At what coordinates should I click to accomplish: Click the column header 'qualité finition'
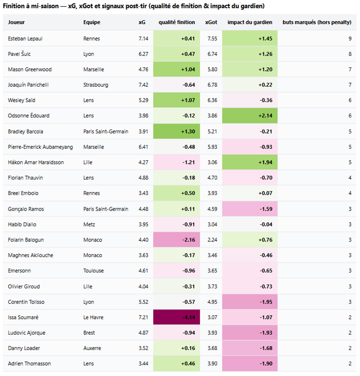pos(176,22)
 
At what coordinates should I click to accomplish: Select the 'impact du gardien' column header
pos(250,22)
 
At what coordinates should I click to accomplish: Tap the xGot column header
pos(211,22)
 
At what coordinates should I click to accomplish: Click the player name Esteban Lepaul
pos(25,39)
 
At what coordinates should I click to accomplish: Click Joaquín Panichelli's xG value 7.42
pos(144,85)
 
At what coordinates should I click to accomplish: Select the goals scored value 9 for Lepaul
pos(350,39)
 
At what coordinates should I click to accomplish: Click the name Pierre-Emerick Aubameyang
pos(40,147)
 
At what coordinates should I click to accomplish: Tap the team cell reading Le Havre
pos(93,317)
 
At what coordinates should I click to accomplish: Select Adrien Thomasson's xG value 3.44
pos(144,364)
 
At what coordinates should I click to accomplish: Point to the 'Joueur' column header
pos(16,22)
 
